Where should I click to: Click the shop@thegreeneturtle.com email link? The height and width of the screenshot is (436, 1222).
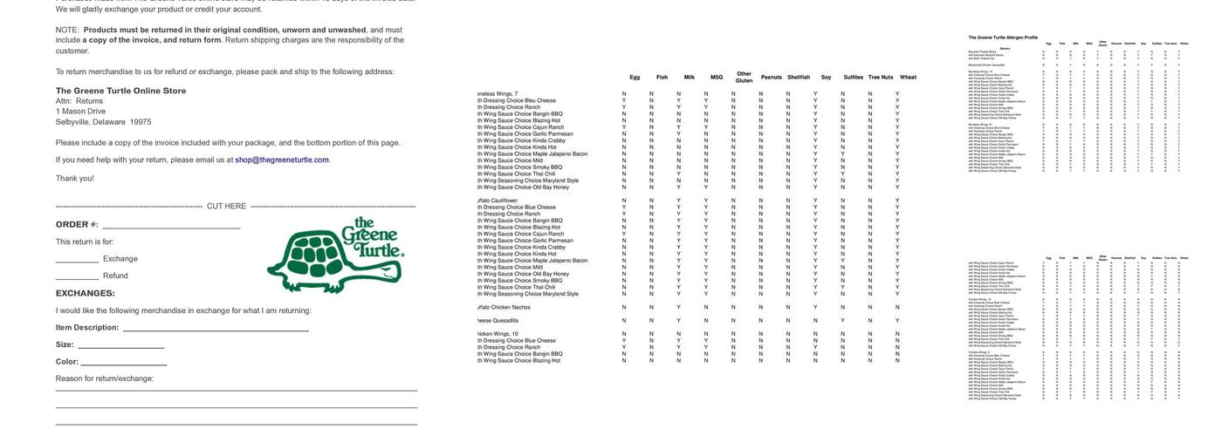282,160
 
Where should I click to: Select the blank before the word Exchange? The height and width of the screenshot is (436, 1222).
77,260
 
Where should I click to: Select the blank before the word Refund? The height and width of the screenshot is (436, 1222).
77,276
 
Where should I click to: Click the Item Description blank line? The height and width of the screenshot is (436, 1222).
216,330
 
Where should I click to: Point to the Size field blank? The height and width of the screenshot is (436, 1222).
120,346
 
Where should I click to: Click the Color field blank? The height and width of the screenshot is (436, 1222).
123,363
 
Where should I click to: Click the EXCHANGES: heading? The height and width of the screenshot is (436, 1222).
86,294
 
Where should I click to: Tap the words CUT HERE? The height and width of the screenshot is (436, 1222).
226,207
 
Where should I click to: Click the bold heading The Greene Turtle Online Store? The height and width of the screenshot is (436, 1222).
120,91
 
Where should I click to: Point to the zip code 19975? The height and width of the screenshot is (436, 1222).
141,122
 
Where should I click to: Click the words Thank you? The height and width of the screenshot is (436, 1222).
75,179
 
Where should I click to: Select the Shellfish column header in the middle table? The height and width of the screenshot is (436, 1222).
799,78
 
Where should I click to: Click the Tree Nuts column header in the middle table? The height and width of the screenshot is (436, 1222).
881,78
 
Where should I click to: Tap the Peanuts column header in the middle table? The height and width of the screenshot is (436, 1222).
772,78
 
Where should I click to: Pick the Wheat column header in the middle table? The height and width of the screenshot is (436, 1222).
909,78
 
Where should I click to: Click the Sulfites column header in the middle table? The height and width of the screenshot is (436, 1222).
854,78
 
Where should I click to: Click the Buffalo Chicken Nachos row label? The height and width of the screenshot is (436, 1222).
505,307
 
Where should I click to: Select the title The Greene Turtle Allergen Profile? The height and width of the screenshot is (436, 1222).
1003,37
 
